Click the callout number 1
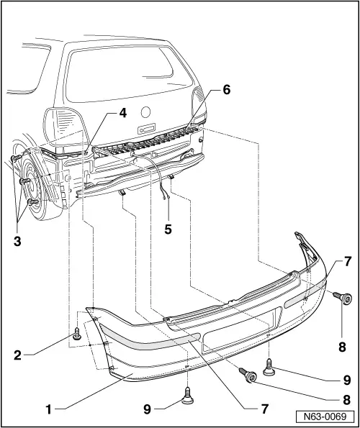click(x=48, y=409)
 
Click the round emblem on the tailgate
click(x=145, y=112)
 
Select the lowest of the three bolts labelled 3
click(x=31, y=203)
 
